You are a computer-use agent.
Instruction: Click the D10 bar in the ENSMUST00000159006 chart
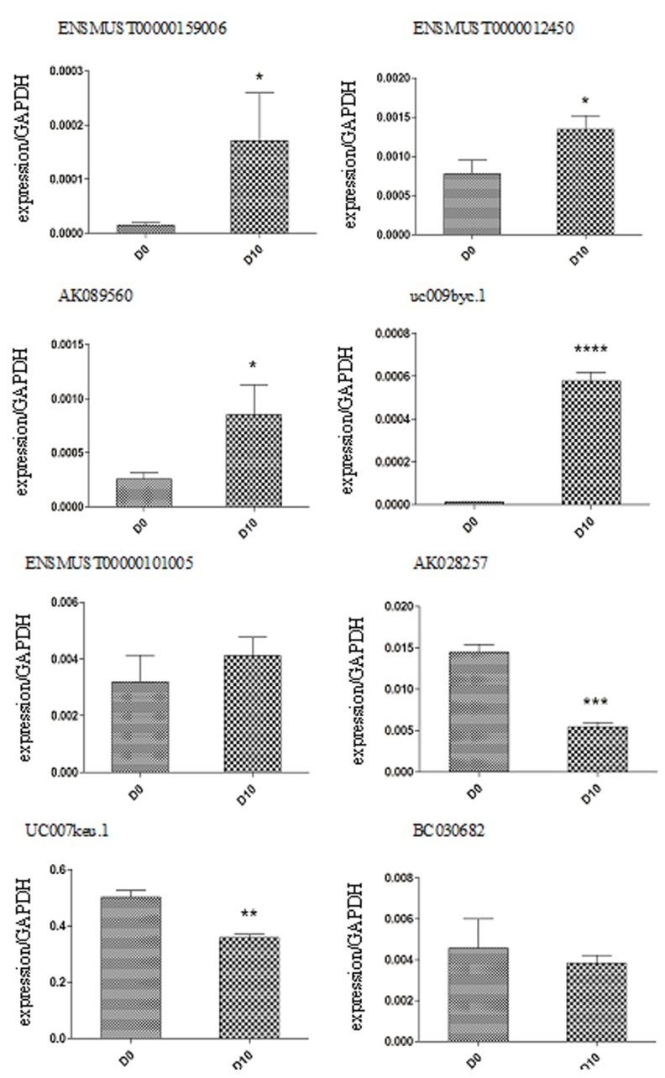[x=259, y=186]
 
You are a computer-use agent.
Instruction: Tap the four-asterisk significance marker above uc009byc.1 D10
[x=590, y=350]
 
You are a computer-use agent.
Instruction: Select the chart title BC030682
[x=448, y=830]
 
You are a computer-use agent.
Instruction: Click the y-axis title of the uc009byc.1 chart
[x=350, y=420]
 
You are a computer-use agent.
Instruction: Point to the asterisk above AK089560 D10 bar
[x=253, y=365]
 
